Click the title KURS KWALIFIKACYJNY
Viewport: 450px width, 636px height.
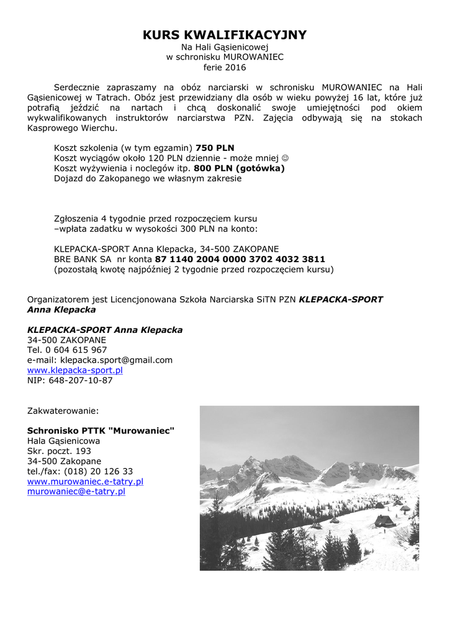[x=225, y=35]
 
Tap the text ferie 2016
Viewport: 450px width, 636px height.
[x=225, y=67]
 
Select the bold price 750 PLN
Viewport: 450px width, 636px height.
[x=215, y=148]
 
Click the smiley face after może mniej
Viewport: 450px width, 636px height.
[x=286, y=158]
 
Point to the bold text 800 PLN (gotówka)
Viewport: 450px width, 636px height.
[x=239, y=168]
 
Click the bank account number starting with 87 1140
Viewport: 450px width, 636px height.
[x=240, y=259]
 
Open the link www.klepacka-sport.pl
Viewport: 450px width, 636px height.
[x=75, y=370]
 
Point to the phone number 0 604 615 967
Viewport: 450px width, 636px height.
[x=76, y=350]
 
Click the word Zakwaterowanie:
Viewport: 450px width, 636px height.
[x=63, y=411]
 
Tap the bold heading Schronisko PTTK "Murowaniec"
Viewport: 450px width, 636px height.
[x=101, y=430]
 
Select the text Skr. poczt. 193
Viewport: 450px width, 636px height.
[x=59, y=451]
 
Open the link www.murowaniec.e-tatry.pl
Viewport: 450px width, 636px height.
[x=85, y=481]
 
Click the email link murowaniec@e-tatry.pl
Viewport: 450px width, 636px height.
[x=76, y=491]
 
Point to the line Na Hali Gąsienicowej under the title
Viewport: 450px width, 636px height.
[x=225, y=47]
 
